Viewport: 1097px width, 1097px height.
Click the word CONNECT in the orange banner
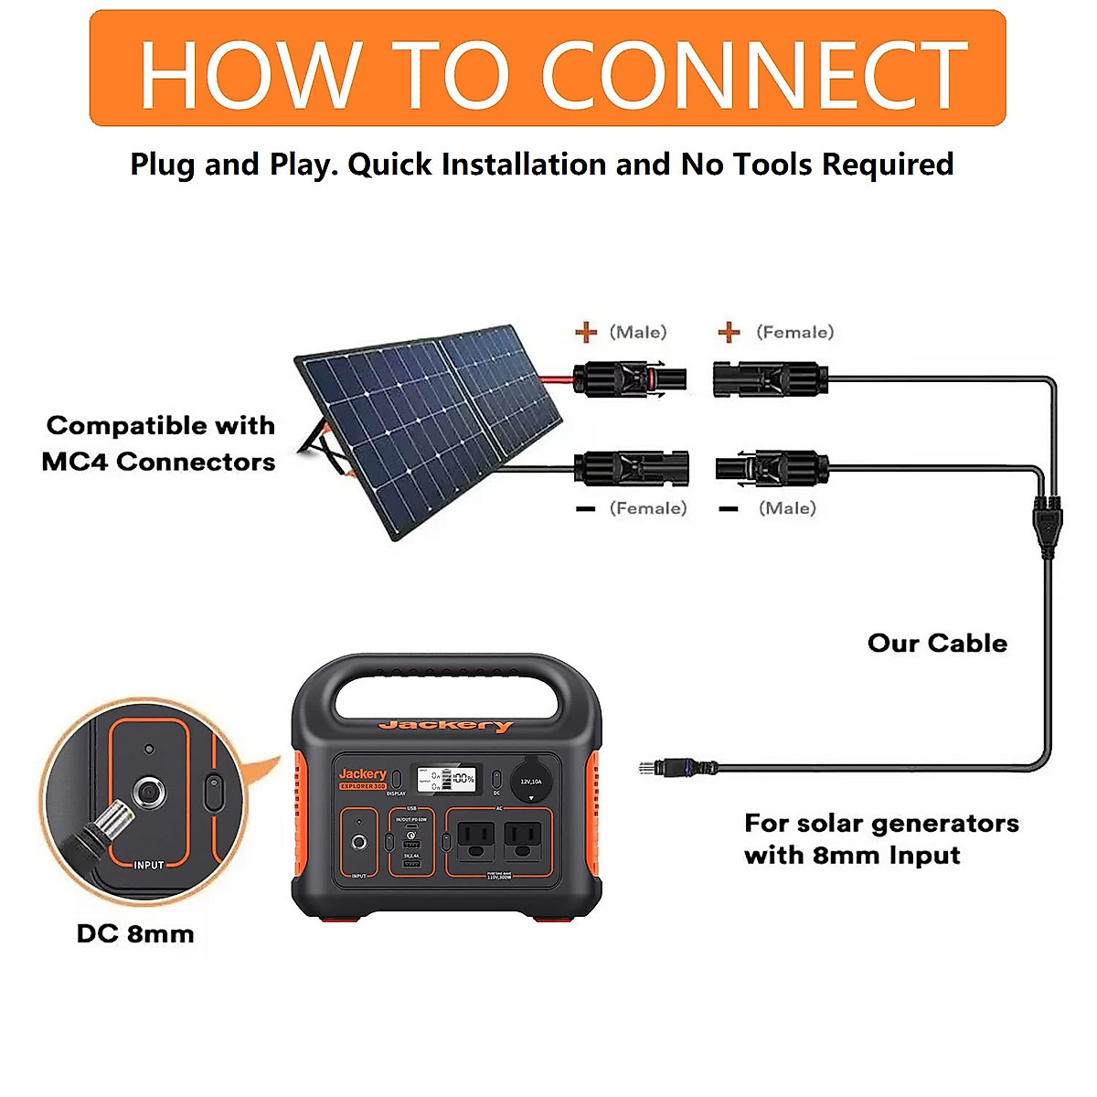tap(754, 75)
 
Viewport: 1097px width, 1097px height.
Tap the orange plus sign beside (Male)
tap(586, 332)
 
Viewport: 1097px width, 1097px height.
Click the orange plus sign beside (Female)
tap(729, 332)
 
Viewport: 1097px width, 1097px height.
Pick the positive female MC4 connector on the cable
tap(770, 378)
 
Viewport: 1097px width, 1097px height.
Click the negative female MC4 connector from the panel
tap(631, 468)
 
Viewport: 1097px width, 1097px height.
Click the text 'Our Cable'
tap(937, 644)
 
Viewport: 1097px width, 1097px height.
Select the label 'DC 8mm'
tap(135, 934)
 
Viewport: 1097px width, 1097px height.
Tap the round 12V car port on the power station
tap(531, 783)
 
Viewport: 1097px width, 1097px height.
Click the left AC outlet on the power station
tap(475, 839)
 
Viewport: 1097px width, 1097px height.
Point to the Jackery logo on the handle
tap(446, 726)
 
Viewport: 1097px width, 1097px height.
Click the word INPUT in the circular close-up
tap(148, 865)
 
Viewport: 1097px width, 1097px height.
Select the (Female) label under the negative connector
tap(648, 508)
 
